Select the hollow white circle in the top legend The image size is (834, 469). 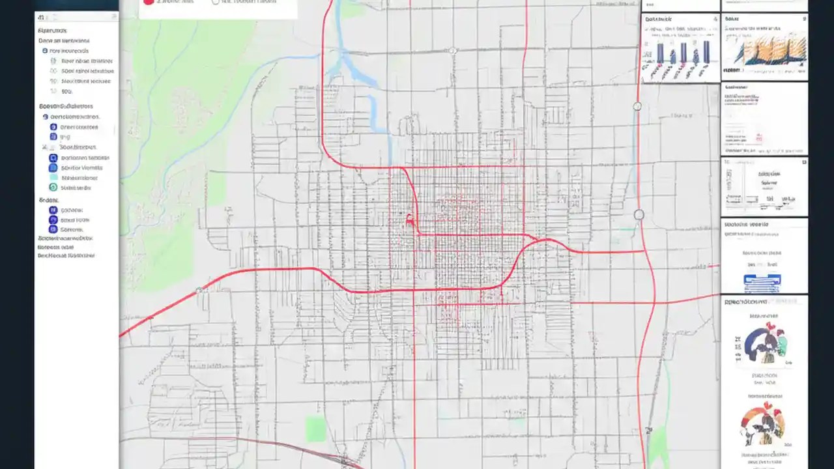tap(216, 2)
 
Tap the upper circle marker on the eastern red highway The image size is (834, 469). tap(637, 106)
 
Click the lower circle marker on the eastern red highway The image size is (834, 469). tap(639, 214)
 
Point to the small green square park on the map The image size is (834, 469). tap(316, 429)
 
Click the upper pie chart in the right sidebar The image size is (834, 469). tap(766, 341)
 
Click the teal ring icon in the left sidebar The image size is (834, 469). tap(53, 188)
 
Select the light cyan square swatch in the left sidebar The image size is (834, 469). tap(53, 177)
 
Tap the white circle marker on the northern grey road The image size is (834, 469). tap(452, 50)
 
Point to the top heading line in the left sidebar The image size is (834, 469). tap(51, 31)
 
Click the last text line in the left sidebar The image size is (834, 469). tap(66, 255)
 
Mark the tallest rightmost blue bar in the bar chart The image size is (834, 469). tap(706, 51)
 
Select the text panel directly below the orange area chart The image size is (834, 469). tap(764, 119)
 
